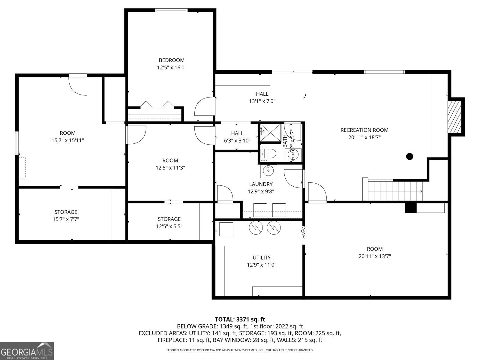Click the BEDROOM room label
click(172, 60)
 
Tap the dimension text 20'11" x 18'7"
click(364, 137)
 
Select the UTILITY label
click(261, 257)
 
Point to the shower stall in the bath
click(270, 132)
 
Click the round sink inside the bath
click(293, 154)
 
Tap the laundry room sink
click(268, 171)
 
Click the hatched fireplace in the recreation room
click(454, 117)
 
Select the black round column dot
click(409, 156)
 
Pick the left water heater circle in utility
click(256, 228)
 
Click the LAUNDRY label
click(261, 184)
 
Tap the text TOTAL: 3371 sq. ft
click(240, 319)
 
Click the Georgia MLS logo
click(27, 351)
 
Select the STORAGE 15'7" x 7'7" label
click(66, 216)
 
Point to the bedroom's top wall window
click(171, 10)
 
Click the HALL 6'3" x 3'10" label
click(237, 137)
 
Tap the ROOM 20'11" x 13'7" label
click(374, 252)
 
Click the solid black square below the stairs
click(411, 208)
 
